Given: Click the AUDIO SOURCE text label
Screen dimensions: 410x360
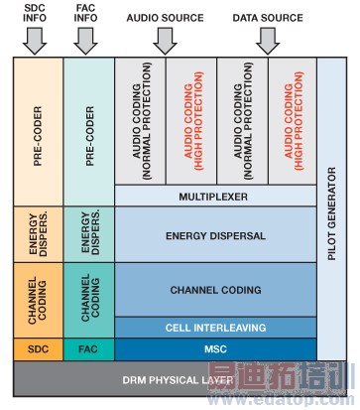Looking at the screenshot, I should tap(165, 18).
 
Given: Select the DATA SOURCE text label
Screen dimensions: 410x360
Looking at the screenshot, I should tap(267, 18).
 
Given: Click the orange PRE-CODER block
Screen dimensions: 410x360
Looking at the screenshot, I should tap(38, 130).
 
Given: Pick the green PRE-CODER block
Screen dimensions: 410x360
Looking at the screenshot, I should tap(88, 130).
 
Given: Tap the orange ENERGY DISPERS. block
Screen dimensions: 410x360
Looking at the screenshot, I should tap(38, 234).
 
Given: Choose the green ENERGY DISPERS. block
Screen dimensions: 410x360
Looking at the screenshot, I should tap(88, 234).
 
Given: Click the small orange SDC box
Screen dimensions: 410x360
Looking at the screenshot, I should tap(38, 348).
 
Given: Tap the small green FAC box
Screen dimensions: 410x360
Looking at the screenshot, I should tap(88, 348).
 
